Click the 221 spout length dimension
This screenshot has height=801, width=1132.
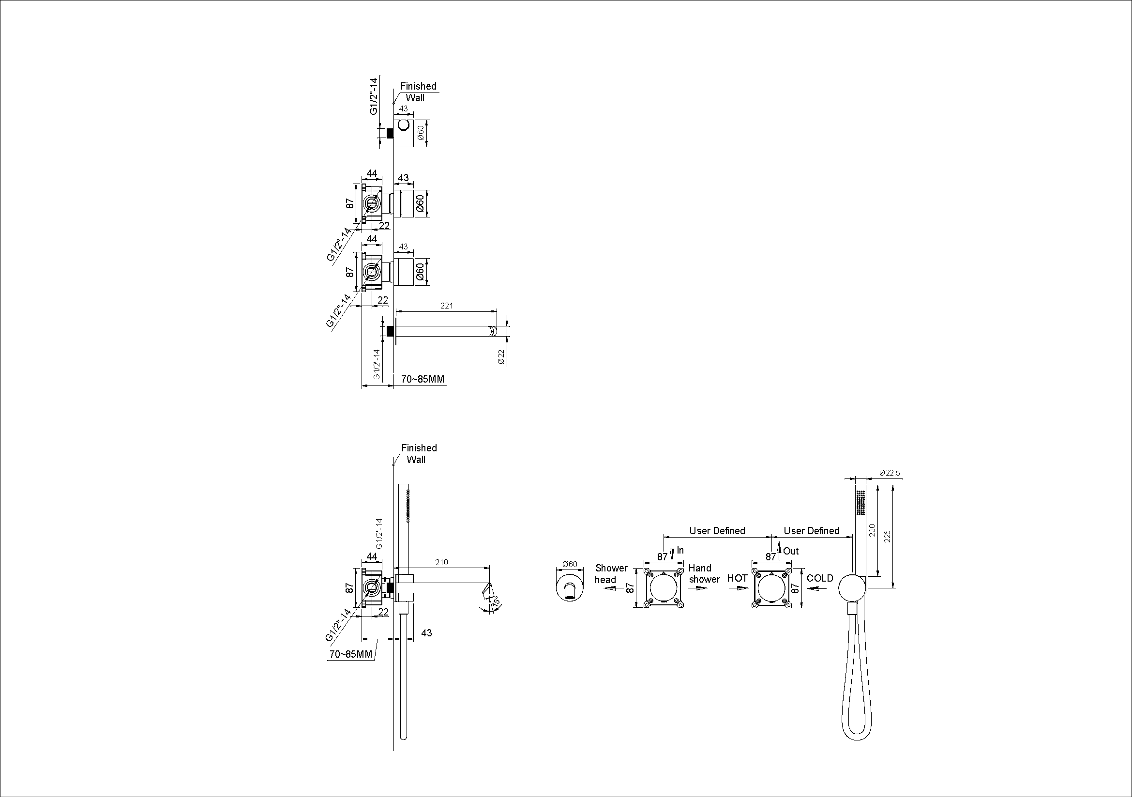pyautogui.click(x=446, y=306)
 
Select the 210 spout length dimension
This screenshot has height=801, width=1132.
pyautogui.click(x=441, y=562)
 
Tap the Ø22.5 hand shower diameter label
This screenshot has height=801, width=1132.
pyautogui.click(x=890, y=473)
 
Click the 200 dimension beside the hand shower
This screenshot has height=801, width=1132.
pyautogui.click(x=872, y=530)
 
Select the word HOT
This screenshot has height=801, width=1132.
pyautogui.click(x=737, y=578)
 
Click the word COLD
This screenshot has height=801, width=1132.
pyautogui.click(x=820, y=578)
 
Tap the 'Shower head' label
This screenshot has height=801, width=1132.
pyautogui.click(x=611, y=573)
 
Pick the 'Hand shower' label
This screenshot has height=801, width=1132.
pyautogui.click(x=705, y=573)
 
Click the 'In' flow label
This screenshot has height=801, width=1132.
pyautogui.click(x=680, y=550)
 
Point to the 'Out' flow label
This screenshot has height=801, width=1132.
pyautogui.click(x=791, y=551)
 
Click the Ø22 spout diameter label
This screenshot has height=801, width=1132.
pyautogui.click(x=501, y=356)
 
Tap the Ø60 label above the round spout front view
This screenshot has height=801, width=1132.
pyautogui.click(x=570, y=564)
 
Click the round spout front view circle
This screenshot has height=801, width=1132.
pyautogui.click(x=570, y=586)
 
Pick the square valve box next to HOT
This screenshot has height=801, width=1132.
pyautogui.click(x=771, y=588)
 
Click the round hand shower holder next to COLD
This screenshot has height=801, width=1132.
pyautogui.click(x=852, y=588)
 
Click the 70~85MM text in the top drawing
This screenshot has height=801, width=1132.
pyautogui.click(x=423, y=379)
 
